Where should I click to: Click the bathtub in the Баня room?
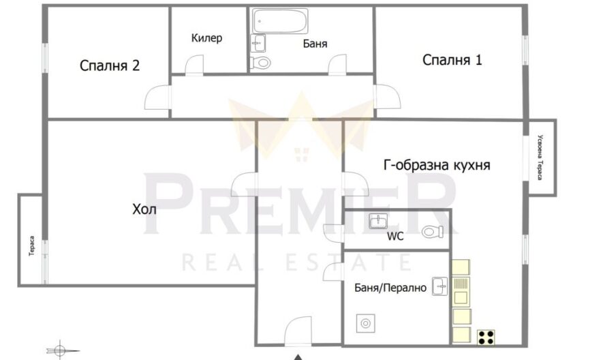click(x=280, y=20)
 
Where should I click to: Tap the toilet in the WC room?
click(x=433, y=231)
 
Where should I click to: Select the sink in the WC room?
click(x=378, y=221)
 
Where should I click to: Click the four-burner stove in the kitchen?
click(x=486, y=337)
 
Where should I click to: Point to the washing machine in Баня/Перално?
click(x=365, y=323)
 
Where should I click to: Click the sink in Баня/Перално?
click(x=440, y=286)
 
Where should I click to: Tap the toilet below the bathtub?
click(x=260, y=62)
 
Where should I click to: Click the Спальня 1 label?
click(x=452, y=60)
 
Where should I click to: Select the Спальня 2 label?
click(x=110, y=65)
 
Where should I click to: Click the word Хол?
click(x=144, y=209)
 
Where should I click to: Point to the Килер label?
click(x=206, y=38)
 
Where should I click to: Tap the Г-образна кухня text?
click(x=437, y=165)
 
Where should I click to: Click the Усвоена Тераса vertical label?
click(x=540, y=157)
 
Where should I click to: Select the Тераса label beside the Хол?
click(x=32, y=245)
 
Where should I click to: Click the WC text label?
click(x=395, y=237)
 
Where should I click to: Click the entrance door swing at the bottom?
click(x=298, y=331)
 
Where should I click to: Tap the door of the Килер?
click(x=194, y=65)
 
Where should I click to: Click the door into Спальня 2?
click(x=157, y=97)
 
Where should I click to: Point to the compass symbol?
click(x=59, y=350)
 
